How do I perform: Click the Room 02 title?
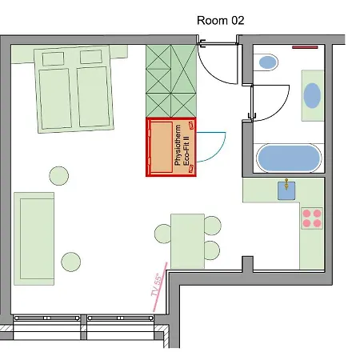221,21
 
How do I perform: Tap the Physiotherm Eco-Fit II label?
182,146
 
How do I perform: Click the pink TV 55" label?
157,285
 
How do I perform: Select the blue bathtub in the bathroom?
289,158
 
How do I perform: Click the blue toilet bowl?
267,62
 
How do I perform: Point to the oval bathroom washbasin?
312,95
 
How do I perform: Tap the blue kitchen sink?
286,190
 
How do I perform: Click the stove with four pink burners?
312,218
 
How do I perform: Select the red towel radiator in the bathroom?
305,47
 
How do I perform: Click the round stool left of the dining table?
162,234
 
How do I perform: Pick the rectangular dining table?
187,241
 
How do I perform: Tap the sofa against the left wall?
34,238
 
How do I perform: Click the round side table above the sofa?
59,176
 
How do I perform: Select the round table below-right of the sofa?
71,262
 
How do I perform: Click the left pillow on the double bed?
54,59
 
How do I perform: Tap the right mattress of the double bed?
94,97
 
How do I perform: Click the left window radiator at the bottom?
46,318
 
